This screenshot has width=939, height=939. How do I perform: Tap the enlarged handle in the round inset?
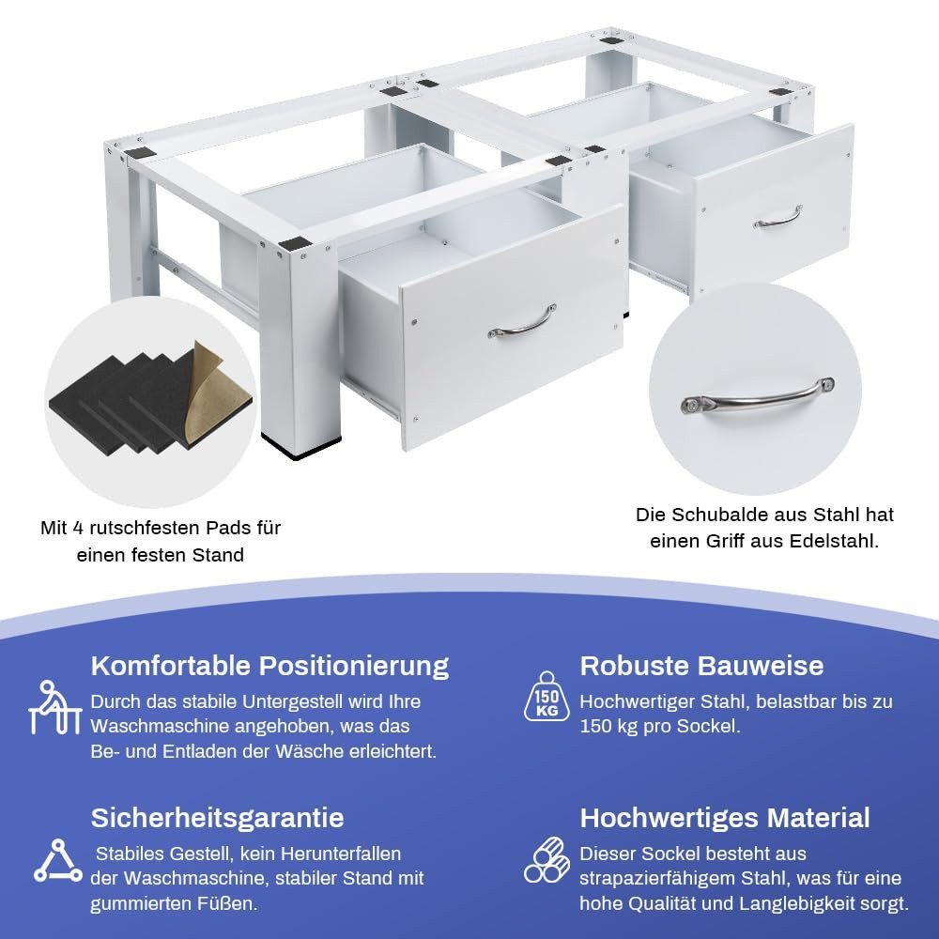click(757, 398)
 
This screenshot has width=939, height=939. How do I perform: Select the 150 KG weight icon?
click(546, 696)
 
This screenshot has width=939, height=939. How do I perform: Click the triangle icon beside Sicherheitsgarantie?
click(58, 861)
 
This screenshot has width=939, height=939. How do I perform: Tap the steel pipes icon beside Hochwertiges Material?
click(546, 860)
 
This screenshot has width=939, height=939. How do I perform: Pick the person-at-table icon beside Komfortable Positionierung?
click(54, 707)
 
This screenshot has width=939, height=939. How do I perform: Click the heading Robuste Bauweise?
click(701, 666)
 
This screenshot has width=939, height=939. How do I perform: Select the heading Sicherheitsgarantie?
click(218, 818)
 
